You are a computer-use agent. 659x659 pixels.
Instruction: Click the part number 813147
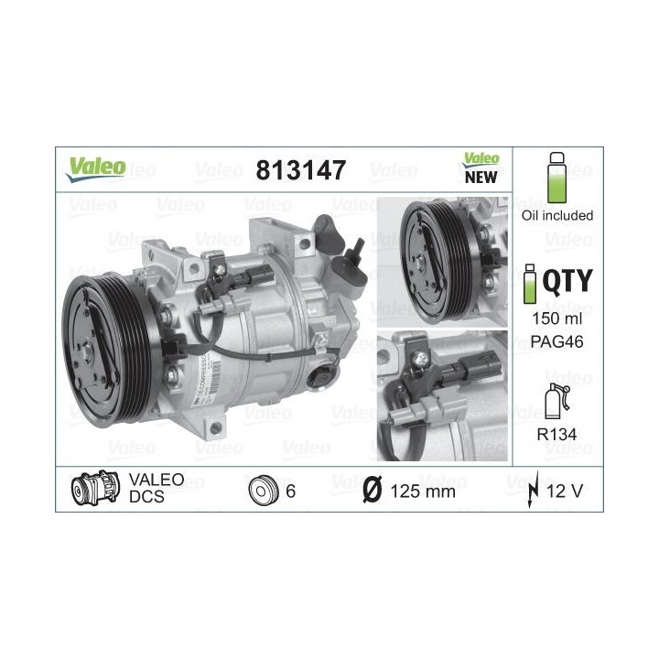tap(300, 170)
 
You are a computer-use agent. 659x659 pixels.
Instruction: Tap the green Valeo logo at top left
tap(95, 169)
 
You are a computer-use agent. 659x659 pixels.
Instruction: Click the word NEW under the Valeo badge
tap(481, 178)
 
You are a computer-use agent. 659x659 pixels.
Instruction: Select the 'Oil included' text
tap(557, 216)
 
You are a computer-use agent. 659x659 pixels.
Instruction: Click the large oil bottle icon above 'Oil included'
tap(556, 178)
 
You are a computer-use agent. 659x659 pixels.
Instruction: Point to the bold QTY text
tap(567, 281)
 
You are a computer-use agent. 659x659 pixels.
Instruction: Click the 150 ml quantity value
tap(556, 319)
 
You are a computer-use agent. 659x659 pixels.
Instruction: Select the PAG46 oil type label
tap(556, 341)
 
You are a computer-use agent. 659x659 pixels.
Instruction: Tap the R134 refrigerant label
tap(556, 434)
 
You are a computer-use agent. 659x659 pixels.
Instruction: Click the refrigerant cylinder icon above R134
tap(556, 401)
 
